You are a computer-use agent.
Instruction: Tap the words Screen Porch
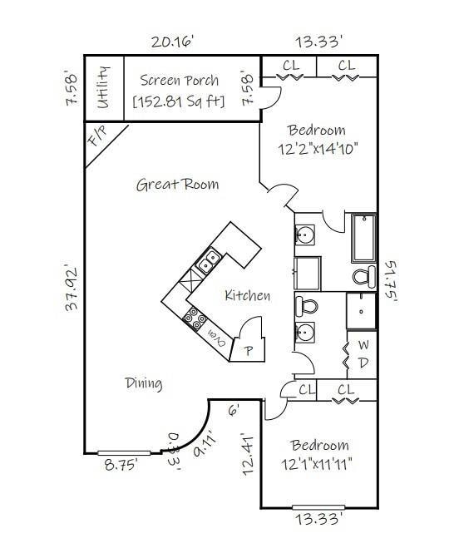[179, 81]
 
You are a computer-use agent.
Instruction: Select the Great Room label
[177, 184]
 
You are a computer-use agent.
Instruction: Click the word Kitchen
[247, 295]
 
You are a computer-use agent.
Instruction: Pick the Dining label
[143, 383]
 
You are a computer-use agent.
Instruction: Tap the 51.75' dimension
[392, 283]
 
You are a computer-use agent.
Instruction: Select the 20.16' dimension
[172, 41]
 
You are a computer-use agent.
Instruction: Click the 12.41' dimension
[246, 452]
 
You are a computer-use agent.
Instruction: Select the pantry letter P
[248, 350]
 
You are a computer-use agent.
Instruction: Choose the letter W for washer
[363, 345]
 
